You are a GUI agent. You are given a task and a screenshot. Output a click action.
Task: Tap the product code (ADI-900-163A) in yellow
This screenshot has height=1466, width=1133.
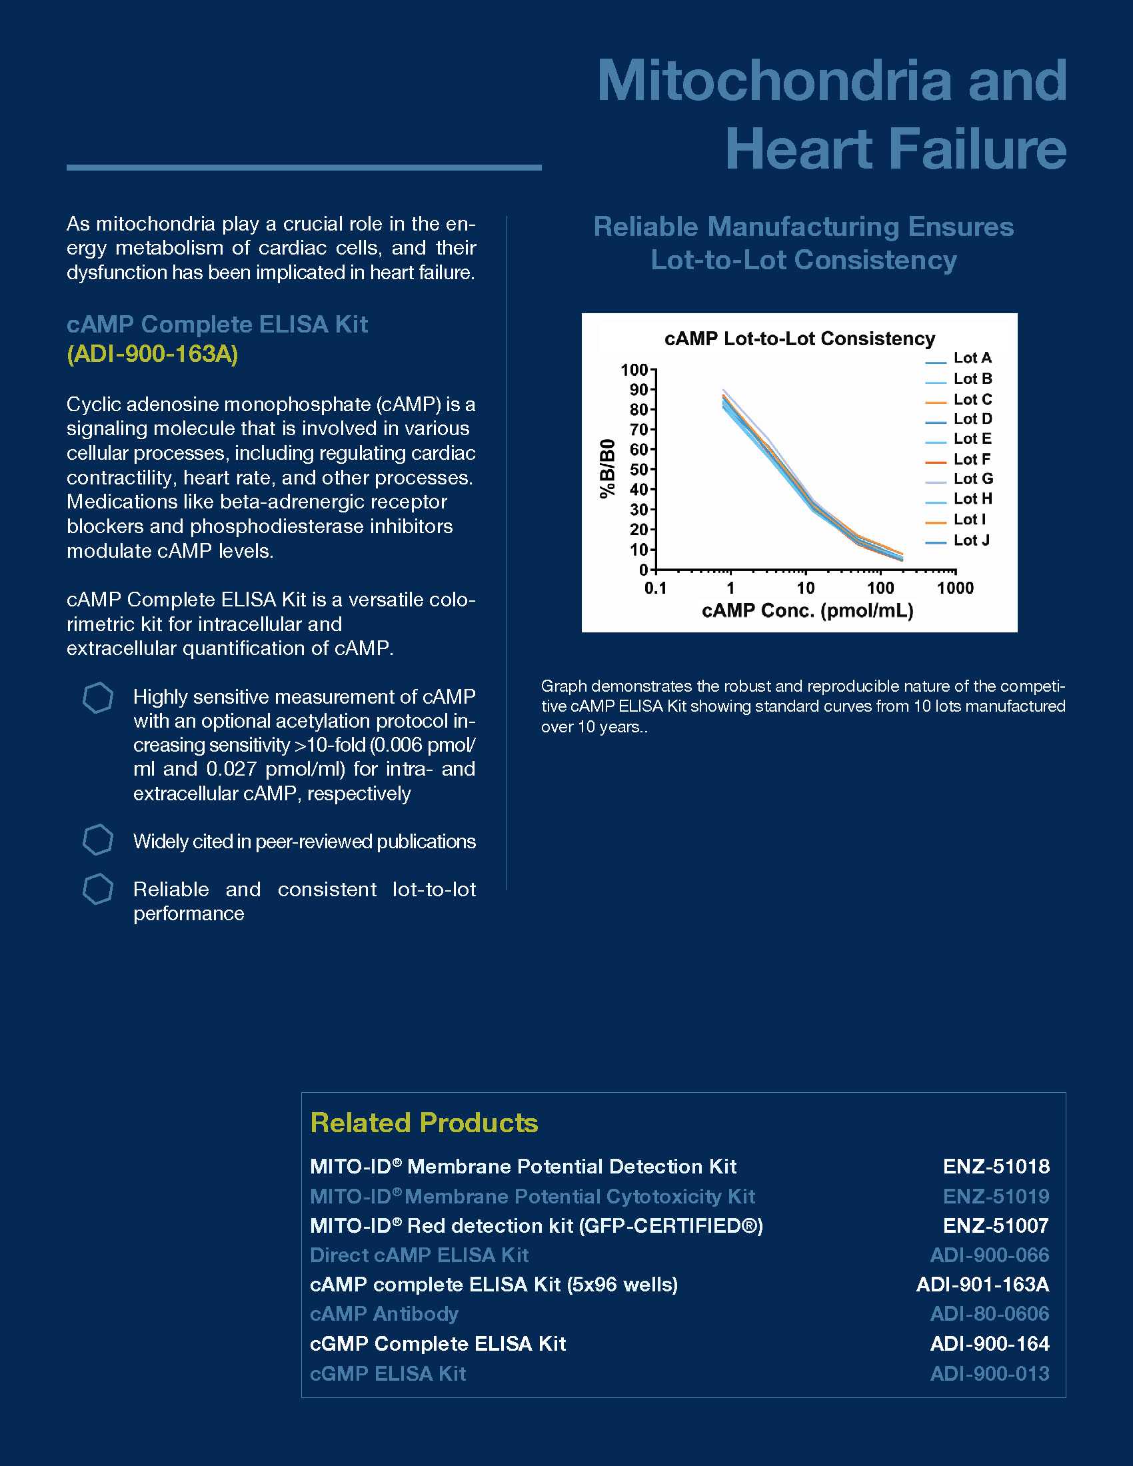pos(153,354)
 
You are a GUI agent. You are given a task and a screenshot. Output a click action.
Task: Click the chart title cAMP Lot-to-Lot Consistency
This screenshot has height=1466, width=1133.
pos(799,339)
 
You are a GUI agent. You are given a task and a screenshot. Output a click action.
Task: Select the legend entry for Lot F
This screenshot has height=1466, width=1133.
pos(971,459)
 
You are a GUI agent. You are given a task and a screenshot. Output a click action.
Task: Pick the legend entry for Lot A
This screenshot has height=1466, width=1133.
pos(972,358)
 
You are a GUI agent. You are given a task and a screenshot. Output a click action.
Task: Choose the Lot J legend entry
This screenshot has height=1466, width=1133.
pos(971,540)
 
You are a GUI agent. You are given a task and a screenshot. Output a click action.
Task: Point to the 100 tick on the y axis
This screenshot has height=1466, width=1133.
pos(634,370)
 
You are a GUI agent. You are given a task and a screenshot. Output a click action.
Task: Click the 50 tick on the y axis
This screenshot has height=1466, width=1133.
pos(638,469)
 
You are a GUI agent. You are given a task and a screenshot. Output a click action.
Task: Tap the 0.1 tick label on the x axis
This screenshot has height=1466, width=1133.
pos(655,588)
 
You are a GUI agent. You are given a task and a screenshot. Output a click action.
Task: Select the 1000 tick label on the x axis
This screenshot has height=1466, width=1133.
pos(955,588)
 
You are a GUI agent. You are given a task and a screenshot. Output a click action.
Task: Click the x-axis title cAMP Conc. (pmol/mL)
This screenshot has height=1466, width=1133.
pos(808,611)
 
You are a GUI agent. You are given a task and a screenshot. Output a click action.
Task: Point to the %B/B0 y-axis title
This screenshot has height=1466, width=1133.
pos(607,468)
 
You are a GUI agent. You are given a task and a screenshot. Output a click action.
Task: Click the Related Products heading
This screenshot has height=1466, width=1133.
pos(424,1123)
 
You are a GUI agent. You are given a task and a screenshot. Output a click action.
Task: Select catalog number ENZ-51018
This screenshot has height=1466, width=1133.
pos(996,1167)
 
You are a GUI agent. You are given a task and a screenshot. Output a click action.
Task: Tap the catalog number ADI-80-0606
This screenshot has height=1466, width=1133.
pos(989,1313)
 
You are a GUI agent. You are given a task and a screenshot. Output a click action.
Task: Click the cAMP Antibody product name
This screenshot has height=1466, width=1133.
pos(384,1313)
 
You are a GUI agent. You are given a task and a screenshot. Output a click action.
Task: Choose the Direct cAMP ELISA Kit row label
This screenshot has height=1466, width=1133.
pos(419,1255)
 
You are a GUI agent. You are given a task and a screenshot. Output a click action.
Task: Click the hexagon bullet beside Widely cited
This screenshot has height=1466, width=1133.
pos(98,840)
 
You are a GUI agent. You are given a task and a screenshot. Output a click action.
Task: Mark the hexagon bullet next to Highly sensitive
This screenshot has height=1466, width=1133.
pos(98,698)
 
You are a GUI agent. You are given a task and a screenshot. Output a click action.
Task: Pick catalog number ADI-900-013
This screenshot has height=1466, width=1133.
pos(989,1373)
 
